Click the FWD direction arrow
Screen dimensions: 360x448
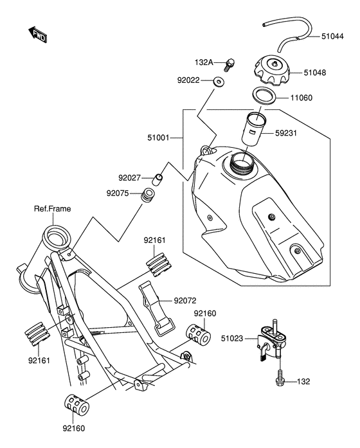(38, 34)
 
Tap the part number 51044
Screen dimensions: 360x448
(332, 36)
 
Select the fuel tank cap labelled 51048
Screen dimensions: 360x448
(272, 70)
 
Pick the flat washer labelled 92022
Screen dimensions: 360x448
(219, 82)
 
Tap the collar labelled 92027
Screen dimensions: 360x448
(157, 180)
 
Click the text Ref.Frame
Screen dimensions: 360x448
(52, 208)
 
